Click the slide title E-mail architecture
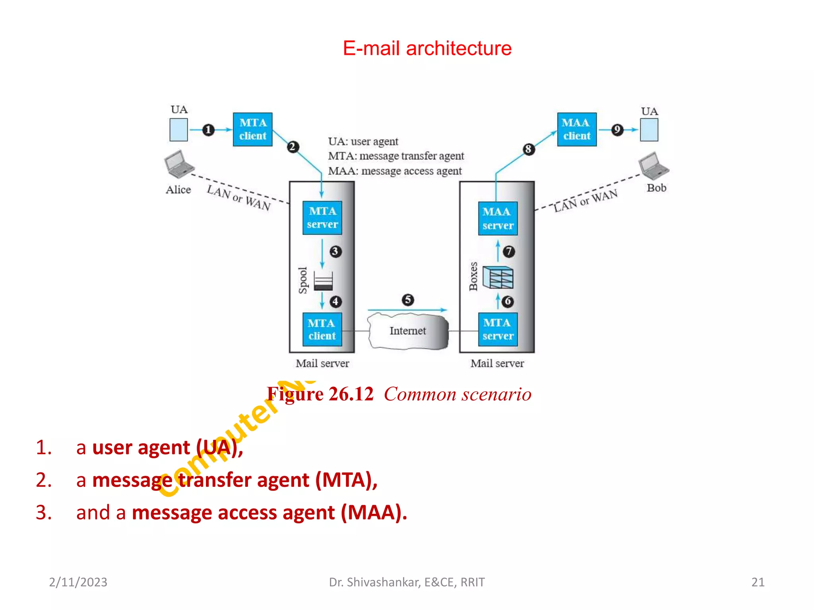(427, 48)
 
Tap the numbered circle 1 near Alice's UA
(208, 130)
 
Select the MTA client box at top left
(252, 129)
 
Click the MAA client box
(576, 129)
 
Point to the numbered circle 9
(617, 129)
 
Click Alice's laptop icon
(178, 164)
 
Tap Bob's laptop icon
(653, 165)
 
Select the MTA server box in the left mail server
(322, 218)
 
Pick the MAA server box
(498, 218)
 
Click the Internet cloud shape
(408, 331)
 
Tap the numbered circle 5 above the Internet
(408, 299)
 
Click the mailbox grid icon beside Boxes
(498, 277)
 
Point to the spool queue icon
(323, 281)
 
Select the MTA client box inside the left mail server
(322, 330)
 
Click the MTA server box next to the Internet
(498, 330)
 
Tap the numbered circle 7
(509, 251)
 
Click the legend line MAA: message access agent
(395, 171)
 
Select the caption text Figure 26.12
(320, 394)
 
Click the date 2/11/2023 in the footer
(78, 582)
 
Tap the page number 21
(758, 582)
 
